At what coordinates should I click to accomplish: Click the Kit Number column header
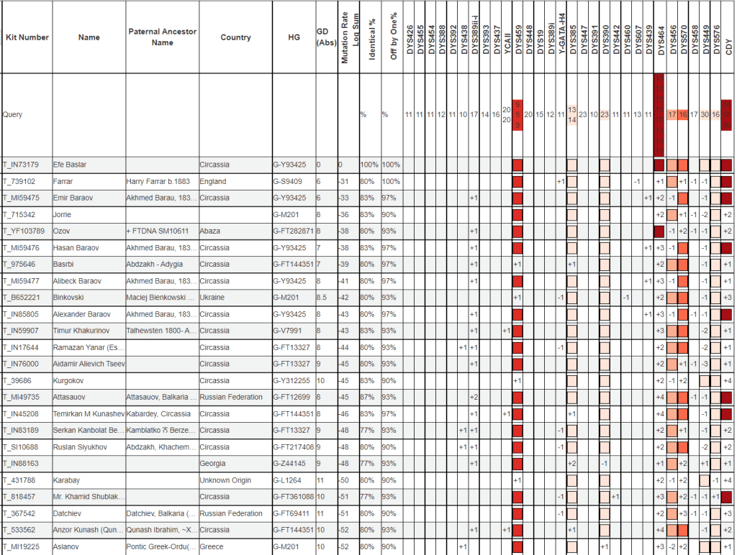coord(27,37)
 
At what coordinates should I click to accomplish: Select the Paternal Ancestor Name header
coord(162,37)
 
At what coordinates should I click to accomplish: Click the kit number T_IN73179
coord(21,165)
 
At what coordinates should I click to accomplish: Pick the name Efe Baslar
coord(69,165)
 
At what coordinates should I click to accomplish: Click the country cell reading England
coord(214,181)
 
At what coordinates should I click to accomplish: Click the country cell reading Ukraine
coord(213,298)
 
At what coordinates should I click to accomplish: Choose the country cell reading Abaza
coord(211,231)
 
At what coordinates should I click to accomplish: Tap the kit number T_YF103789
coord(24,231)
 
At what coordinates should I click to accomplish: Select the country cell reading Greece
coord(212,547)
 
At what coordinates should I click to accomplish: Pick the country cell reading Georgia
coord(214,464)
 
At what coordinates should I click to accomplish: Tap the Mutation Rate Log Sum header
coord(348,37)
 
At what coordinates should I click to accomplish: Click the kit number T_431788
coord(20,480)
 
